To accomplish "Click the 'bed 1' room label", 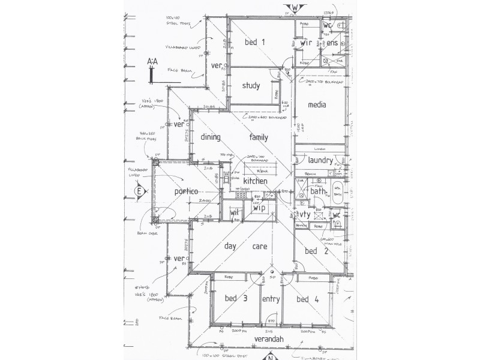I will [255, 41].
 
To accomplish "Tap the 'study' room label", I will [251, 86].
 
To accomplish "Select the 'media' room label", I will [316, 105].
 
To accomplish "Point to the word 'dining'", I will [211, 137].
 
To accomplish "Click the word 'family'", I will [259, 137].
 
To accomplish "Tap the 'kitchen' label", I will [255, 180].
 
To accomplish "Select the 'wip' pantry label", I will [259, 208].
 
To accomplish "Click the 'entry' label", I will [271, 298].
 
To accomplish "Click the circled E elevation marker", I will [139, 191].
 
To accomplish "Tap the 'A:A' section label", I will [152, 61].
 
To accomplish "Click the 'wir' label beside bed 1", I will [304, 43].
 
